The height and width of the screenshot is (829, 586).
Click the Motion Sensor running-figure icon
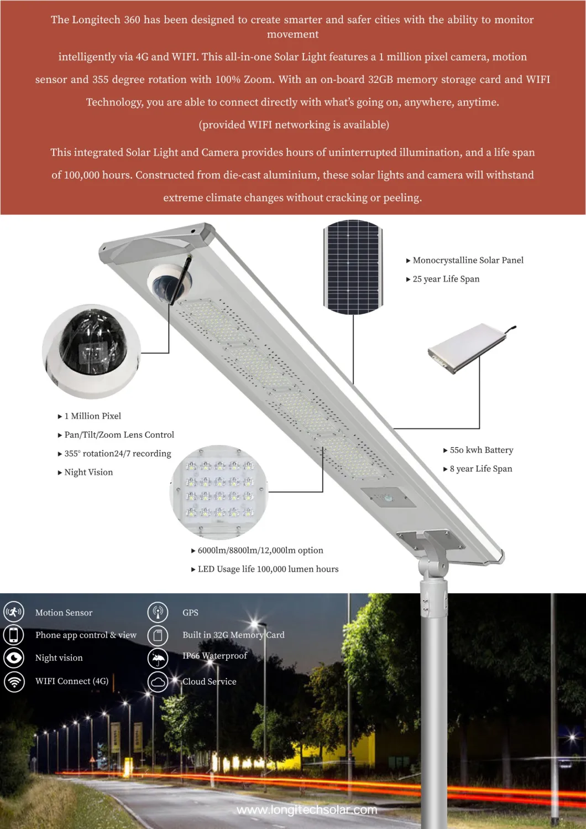point(14,612)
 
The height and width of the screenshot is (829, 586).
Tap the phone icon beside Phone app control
point(14,634)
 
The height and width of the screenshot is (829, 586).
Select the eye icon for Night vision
point(14,657)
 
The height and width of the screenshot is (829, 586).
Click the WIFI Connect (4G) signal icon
point(14,681)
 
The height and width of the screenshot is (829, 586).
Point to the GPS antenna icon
point(158,612)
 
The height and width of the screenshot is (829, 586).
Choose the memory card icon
point(158,635)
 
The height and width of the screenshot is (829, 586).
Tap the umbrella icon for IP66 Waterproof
point(158,658)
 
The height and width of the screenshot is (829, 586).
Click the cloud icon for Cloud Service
point(158,681)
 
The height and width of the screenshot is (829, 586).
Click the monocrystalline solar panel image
point(353,267)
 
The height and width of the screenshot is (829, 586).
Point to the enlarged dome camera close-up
point(92,351)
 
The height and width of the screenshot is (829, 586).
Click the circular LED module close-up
point(219,493)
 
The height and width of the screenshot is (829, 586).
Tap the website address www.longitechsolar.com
point(307,810)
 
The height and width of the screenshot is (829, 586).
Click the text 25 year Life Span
point(446,279)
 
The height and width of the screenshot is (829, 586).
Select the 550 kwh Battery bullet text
point(481,450)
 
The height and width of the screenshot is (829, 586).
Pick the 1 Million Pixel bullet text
point(92,416)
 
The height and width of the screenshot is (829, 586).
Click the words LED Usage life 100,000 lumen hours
point(268,569)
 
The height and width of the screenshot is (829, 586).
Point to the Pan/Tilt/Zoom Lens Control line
point(119,435)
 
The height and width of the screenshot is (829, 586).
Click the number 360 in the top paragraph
point(132,20)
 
